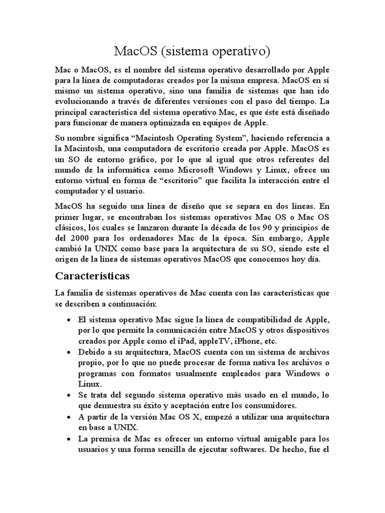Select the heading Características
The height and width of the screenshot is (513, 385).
pos(92,276)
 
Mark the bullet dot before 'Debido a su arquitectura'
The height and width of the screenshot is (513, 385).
pos(68,352)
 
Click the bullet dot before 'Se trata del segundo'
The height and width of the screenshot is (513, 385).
pos(68,395)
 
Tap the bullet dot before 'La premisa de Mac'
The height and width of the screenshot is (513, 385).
pos(68,438)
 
